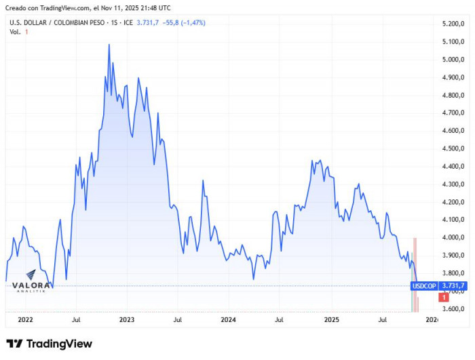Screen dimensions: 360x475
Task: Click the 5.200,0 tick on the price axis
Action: [x=451, y=24]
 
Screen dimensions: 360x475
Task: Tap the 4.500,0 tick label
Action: [x=451, y=148]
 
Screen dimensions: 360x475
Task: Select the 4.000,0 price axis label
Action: [x=451, y=237]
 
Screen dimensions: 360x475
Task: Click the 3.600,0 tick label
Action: [x=451, y=309]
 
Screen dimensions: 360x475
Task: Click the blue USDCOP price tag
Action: [x=424, y=286]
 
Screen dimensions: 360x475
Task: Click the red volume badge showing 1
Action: [x=443, y=297]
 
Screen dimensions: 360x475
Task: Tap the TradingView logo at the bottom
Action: [x=49, y=344]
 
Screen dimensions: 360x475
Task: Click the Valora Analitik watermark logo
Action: [x=31, y=287]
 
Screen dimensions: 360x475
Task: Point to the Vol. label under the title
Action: [x=14, y=32]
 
